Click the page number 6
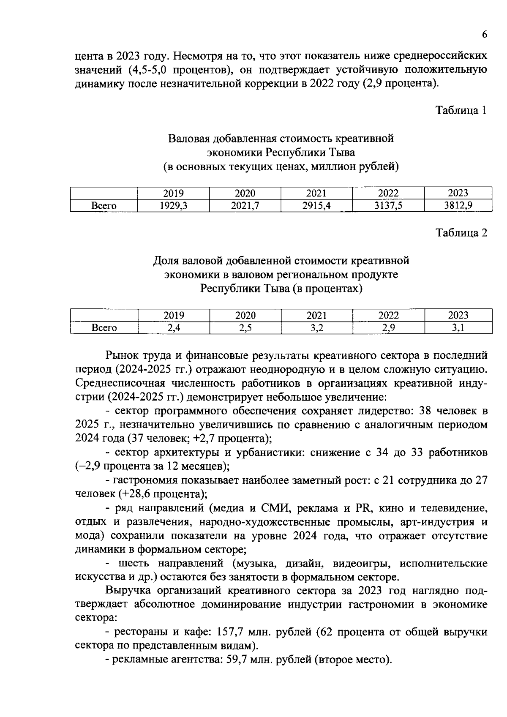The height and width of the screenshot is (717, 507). coord(484,35)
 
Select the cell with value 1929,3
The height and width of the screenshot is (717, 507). coord(173,206)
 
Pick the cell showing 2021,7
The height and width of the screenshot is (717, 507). coord(245,206)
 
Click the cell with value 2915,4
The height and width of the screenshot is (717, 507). coord(316,206)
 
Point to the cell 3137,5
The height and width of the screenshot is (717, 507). coord(388,206)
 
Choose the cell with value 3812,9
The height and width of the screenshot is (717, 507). coord(458,206)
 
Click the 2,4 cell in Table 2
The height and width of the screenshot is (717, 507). coord(174,328)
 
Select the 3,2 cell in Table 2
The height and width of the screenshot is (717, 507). coord(316,328)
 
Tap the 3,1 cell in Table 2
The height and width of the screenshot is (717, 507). coord(458,328)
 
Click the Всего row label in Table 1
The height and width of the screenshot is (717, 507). coord(104,206)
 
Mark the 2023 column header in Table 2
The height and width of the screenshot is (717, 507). coord(458,316)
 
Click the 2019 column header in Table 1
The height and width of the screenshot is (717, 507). coord(173,194)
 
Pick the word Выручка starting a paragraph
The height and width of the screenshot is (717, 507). coord(127,591)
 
